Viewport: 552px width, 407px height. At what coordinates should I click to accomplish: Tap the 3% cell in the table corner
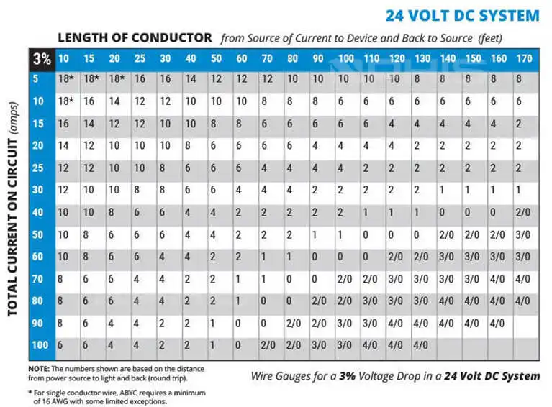pos(42,60)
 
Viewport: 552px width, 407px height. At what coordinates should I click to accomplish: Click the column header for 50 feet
pos(216,58)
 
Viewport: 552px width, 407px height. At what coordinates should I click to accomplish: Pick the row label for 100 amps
pos(40,346)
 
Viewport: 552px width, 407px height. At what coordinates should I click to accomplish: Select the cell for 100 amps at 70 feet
pos(267,346)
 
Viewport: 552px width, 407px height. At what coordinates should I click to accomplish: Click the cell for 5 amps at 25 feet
pos(140,78)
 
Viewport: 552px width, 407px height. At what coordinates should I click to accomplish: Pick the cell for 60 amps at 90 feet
pos(317,257)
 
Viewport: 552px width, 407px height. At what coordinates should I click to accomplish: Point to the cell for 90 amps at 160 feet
pos(497,324)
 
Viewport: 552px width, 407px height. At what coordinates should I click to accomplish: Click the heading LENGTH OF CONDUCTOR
pos(135,37)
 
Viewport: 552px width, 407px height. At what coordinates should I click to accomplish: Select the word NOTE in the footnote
pos(38,369)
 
